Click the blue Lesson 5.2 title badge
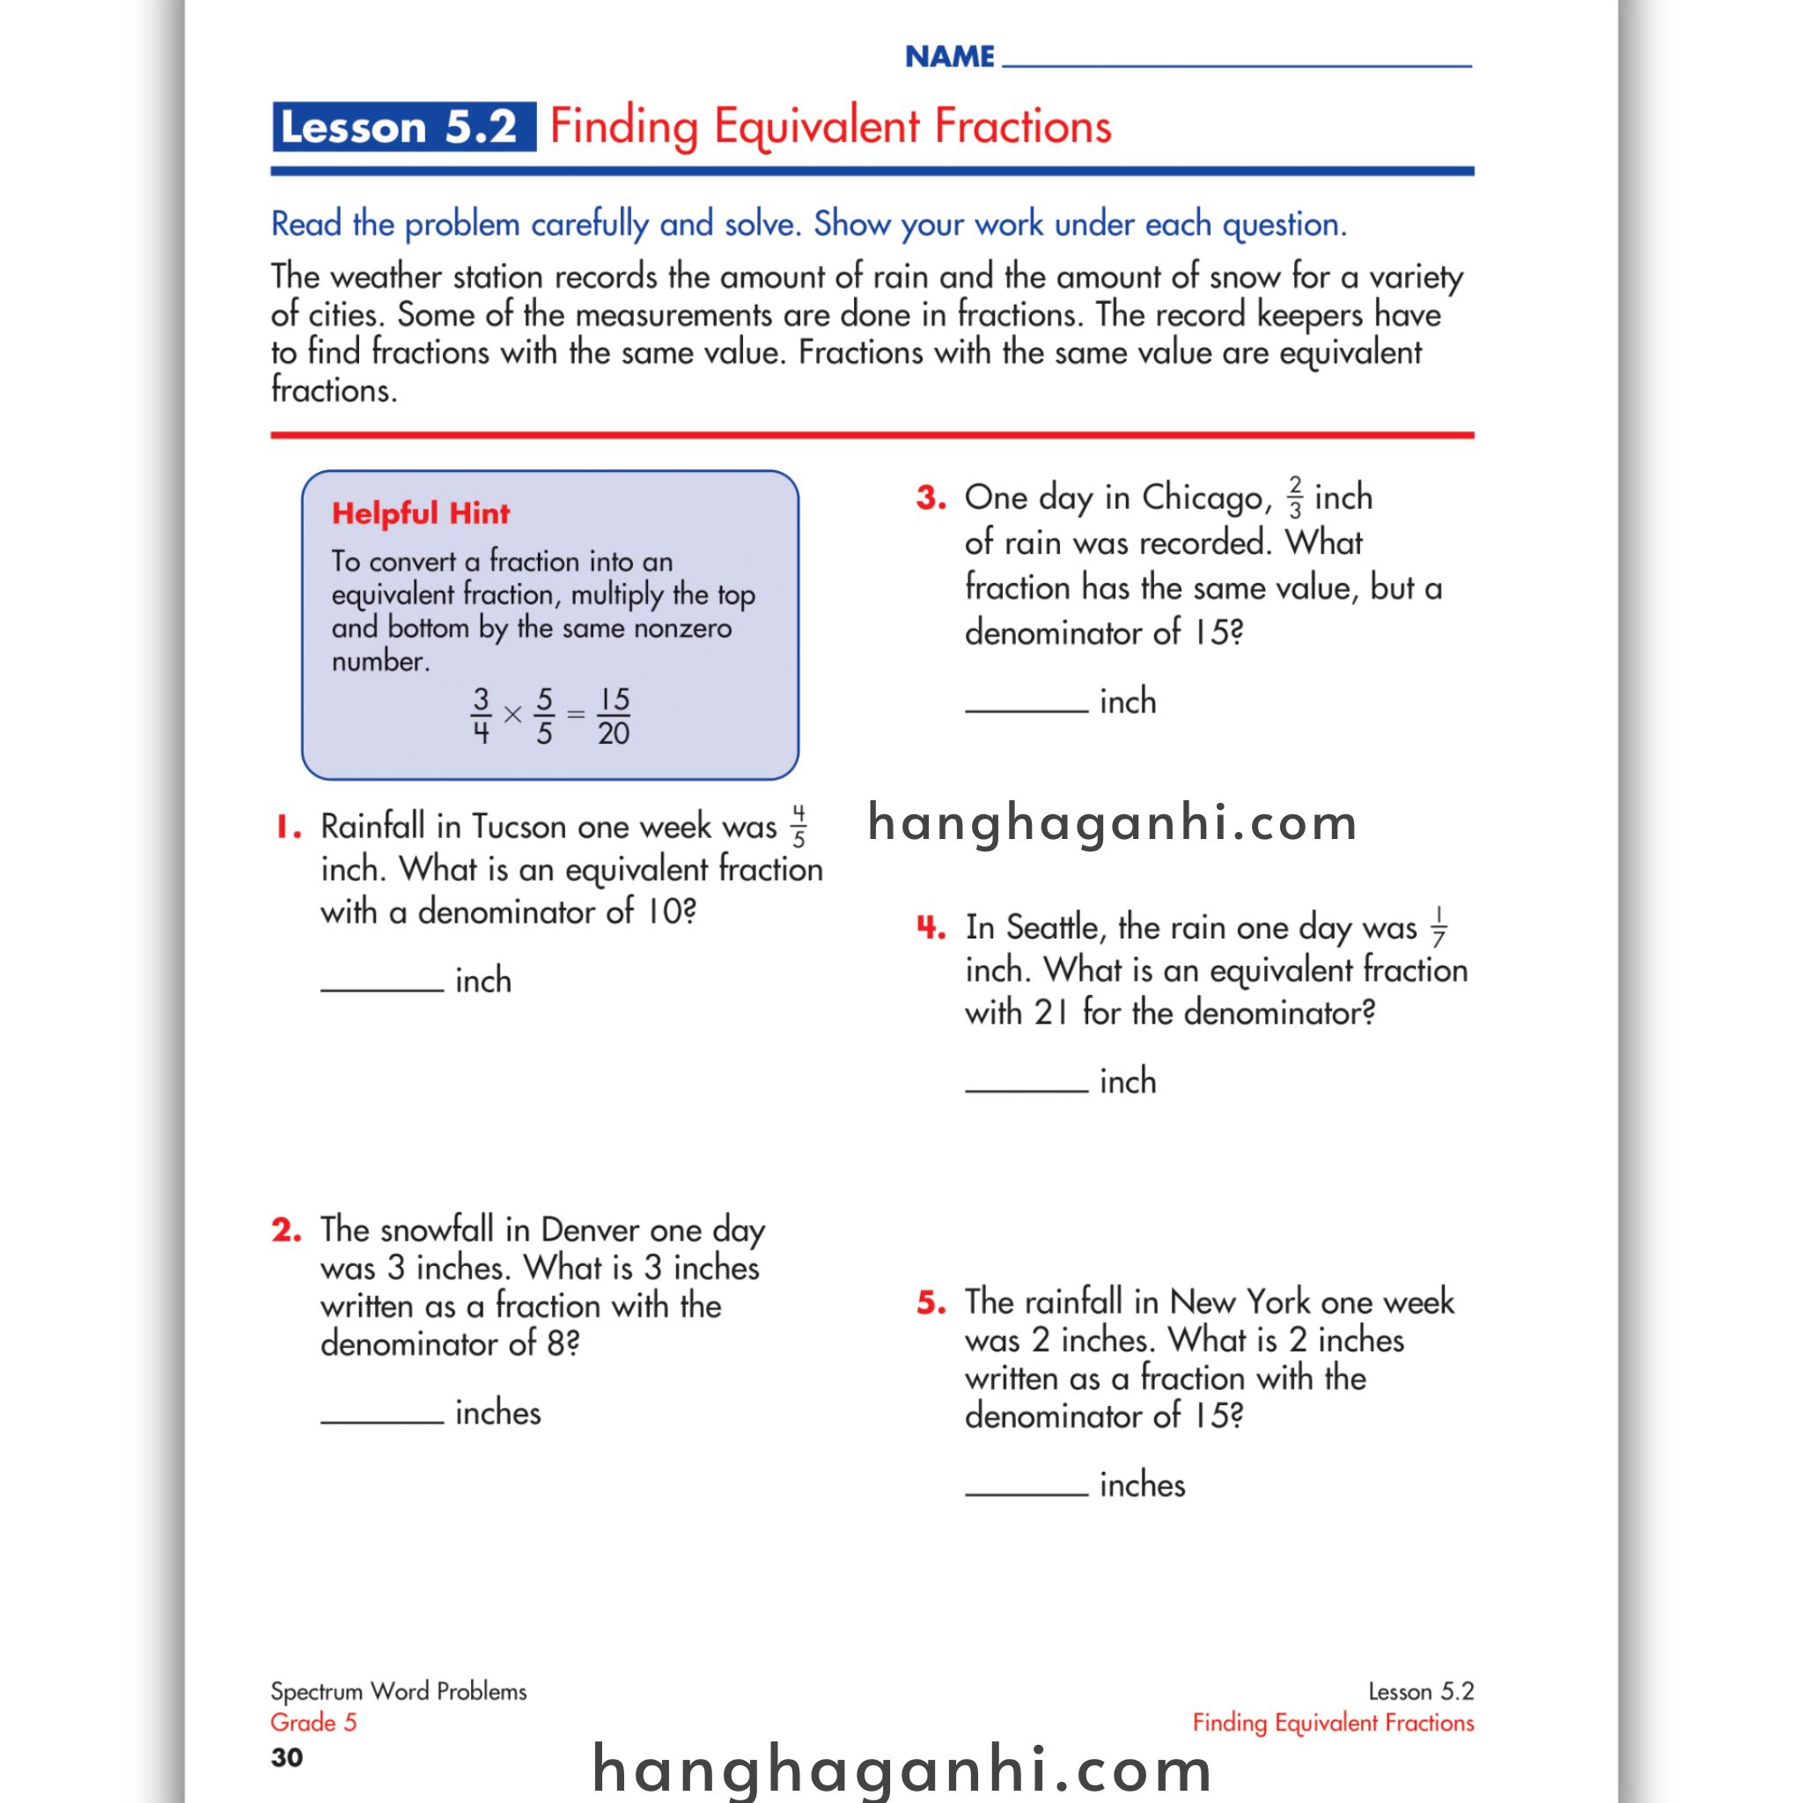(403, 127)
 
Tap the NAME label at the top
(949, 57)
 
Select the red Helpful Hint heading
(421, 513)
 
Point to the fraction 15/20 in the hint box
(613, 716)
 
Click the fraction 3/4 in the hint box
(481, 716)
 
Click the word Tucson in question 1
(519, 827)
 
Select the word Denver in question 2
(591, 1230)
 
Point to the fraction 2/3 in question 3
(1294, 497)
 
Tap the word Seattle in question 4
(1056, 928)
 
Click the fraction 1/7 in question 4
(1439, 927)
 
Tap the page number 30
(286, 1758)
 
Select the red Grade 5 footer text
(313, 1723)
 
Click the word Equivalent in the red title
(818, 127)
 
